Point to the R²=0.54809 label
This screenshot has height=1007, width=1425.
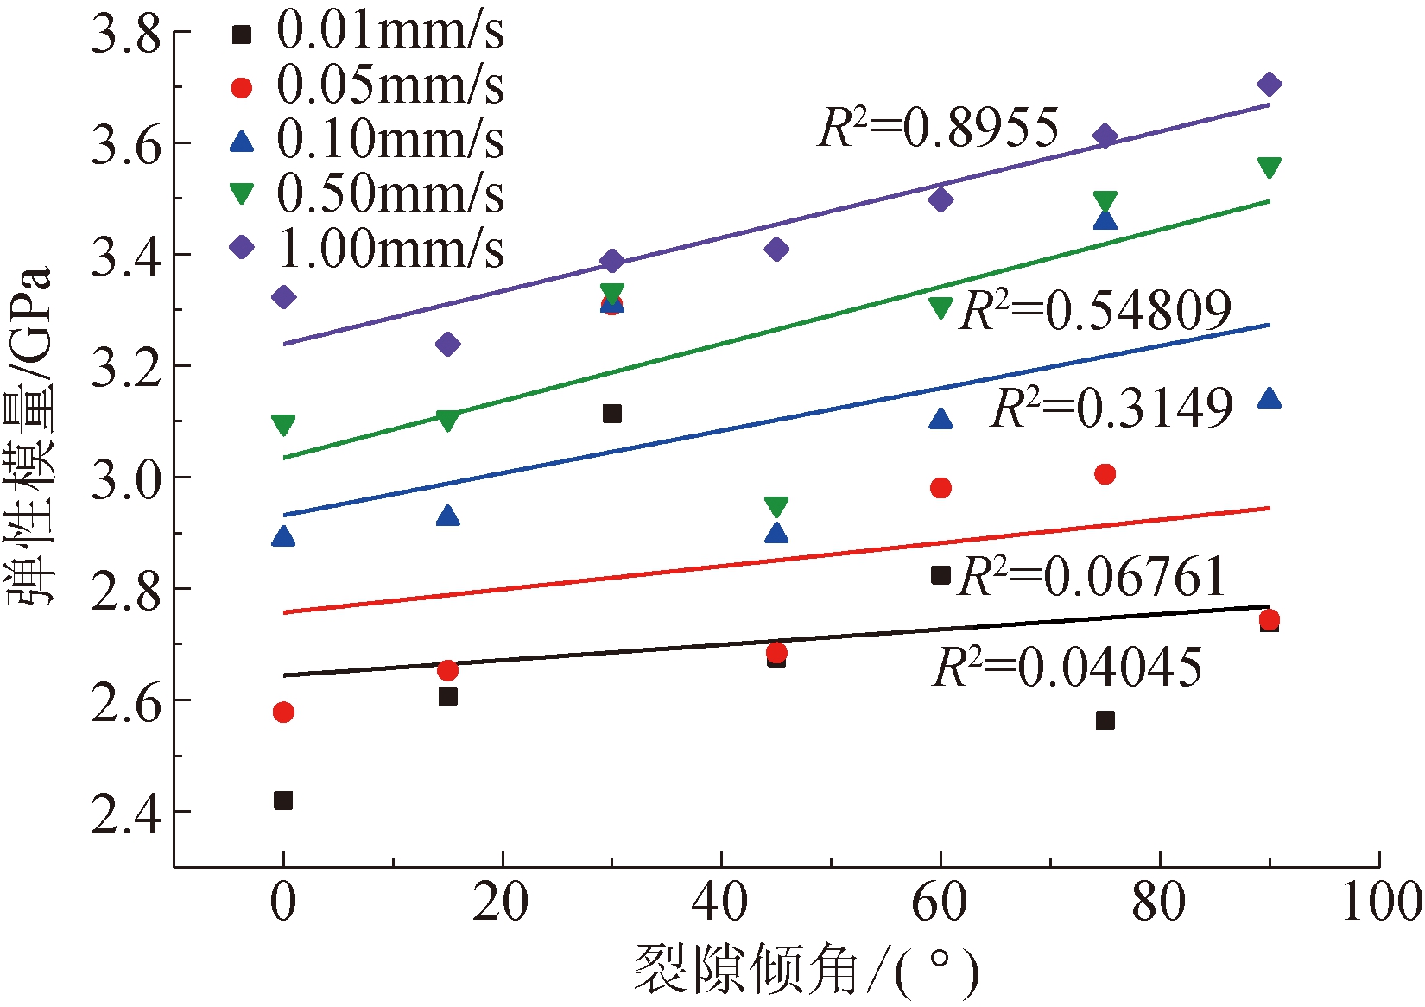(x=1095, y=310)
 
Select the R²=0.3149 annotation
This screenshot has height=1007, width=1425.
(x=1112, y=408)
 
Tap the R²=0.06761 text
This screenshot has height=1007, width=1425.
(x=1092, y=576)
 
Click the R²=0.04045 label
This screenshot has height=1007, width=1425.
(x=1067, y=667)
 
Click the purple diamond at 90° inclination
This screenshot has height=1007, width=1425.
(x=1269, y=84)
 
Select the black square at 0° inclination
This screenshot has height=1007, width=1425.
(x=283, y=801)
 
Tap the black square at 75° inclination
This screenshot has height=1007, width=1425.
(x=1105, y=720)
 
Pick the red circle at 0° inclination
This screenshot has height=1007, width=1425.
(x=283, y=712)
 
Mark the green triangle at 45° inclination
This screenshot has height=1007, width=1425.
(x=776, y=506)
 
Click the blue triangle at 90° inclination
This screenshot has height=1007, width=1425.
(x=1269, y=398)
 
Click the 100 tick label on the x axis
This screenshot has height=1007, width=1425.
(x=1380, y=902)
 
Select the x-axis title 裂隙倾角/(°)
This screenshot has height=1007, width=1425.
(x=807, y=972)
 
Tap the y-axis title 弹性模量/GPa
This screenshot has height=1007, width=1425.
(x=31, y=435)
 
